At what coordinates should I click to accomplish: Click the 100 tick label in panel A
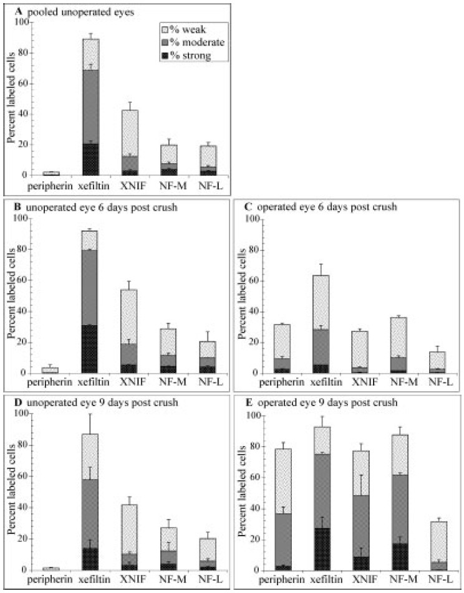click(x=23, y=22)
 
